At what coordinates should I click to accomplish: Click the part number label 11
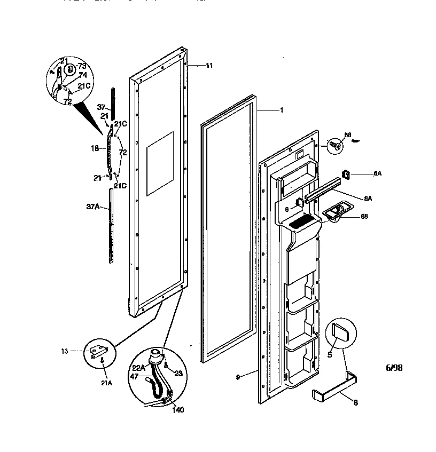pos(209,65)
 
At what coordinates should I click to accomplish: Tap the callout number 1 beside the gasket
pos(281,110)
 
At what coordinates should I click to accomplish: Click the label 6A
pos(377,174)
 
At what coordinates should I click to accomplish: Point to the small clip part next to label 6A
pos(346,173)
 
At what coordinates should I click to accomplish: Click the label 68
pos(364,216)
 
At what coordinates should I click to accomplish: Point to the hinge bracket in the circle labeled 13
pos(99,351)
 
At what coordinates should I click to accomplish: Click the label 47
pos(134,377)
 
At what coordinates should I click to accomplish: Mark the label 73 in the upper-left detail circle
pos(82,66)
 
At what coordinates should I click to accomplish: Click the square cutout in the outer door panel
pos(160,163)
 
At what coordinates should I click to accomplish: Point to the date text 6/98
pos(394,368)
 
